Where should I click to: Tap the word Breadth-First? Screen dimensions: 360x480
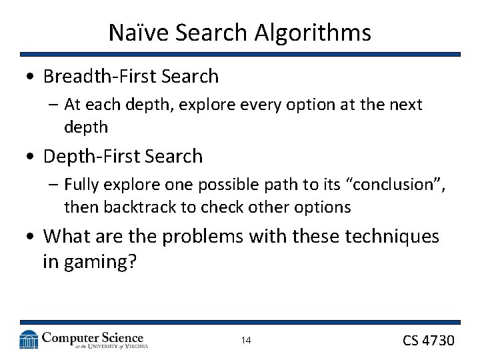coord(97,77)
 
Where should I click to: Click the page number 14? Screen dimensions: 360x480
coord(246,341)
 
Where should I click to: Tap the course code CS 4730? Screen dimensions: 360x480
coord(429,340)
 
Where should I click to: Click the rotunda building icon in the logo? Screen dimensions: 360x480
coord(29,339)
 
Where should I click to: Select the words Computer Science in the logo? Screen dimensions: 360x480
coord(93,337)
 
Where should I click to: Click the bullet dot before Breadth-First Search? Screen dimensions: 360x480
coord(30,77)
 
